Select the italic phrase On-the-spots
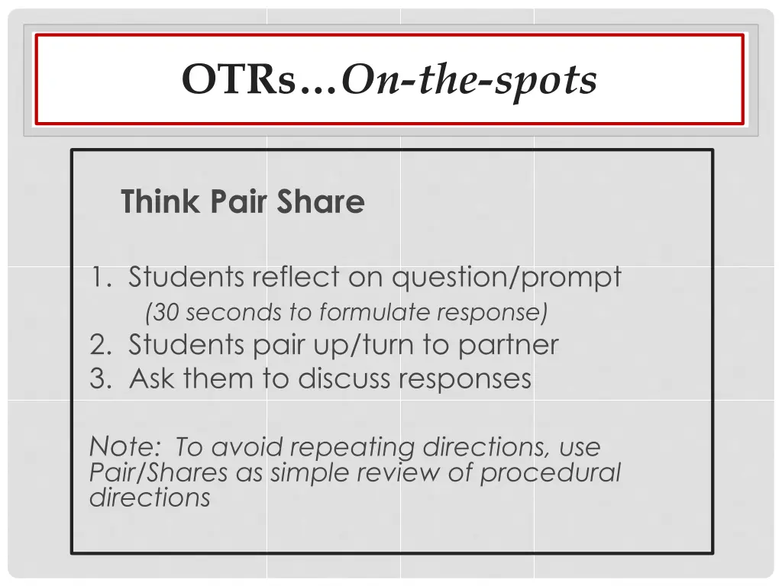(x=469, y=79)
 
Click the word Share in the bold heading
(x=321, y=202)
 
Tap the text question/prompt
(x=507, y=278)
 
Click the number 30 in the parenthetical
(x=165, y=312)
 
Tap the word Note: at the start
(x=122, y=446)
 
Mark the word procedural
(x=550, y=473)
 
